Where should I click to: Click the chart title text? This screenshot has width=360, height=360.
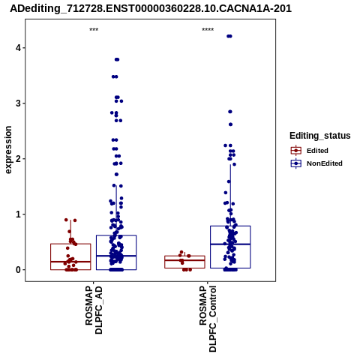coord(151,9)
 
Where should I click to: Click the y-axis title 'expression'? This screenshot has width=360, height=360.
coord(8,150)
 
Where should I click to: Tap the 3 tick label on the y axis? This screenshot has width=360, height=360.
coord(19,103)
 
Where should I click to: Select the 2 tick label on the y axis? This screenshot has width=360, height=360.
coord(19,159)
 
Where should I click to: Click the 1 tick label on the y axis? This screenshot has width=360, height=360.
coord(19,214)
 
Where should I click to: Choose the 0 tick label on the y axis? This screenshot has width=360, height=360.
coord(19,270)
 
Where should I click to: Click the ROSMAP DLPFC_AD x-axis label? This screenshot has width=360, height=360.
coord(94,310)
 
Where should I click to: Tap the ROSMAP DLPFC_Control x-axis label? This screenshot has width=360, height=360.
coord(208,319)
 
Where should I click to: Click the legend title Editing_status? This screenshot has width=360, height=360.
coord(320,136)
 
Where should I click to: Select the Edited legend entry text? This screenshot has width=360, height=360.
coord(317,151)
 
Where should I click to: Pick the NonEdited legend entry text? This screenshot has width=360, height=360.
coord(325,163)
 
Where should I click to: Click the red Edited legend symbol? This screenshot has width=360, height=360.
coord(296,151)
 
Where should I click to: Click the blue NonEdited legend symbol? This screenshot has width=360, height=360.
coord(296,163)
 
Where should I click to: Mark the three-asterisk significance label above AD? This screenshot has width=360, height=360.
coord(94,30)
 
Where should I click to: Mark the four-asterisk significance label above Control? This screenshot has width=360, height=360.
coord(208,30)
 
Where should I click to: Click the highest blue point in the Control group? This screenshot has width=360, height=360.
coord(229,36)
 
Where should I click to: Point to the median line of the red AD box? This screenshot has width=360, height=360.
coord(70,262)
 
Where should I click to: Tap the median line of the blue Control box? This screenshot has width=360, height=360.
coord(230,244)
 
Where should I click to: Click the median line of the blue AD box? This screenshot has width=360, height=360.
coord(116,256)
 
